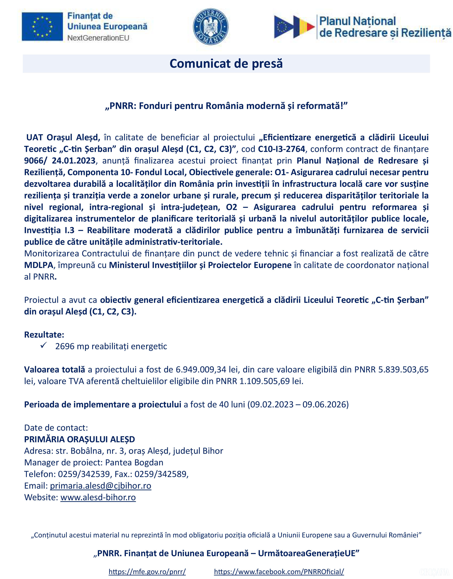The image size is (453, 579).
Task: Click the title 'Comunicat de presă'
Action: tap(226, 64)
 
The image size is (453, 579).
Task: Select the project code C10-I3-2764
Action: tap(281, 149)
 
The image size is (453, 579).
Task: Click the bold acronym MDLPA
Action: tap(38, 265)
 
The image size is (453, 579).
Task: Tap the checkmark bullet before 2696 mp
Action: tap(43, 346)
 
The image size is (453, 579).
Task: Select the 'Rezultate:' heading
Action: tap(44, 335)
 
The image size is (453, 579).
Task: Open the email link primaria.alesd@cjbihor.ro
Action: tap(101, 486)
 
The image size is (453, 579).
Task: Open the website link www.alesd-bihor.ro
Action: tap(98, 497)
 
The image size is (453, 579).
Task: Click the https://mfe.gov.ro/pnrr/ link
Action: tap(147, 571)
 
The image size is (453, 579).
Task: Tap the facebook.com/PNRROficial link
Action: tap(279, 571)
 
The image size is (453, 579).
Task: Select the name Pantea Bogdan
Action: tap(134, 462)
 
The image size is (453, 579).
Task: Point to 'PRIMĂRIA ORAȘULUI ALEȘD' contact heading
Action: tap(80, 439)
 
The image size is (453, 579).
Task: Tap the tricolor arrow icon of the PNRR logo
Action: tap(294, 26)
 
